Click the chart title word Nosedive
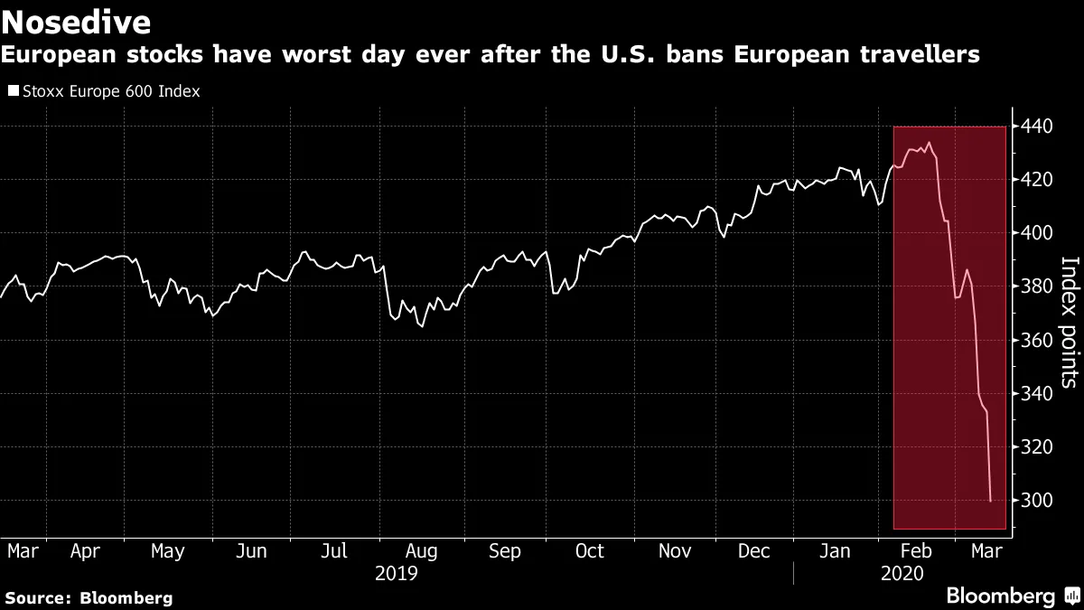78,21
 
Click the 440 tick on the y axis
1032,127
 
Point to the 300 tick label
1032,501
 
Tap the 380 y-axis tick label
1032,286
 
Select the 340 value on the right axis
1032,394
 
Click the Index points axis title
1069,322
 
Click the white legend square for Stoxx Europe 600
13,91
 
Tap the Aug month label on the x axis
422,550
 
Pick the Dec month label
755,550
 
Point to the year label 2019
397,573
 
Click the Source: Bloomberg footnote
89,597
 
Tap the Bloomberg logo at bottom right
1012,596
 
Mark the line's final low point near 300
991,501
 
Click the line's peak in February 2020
930,142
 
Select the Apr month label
85,550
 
